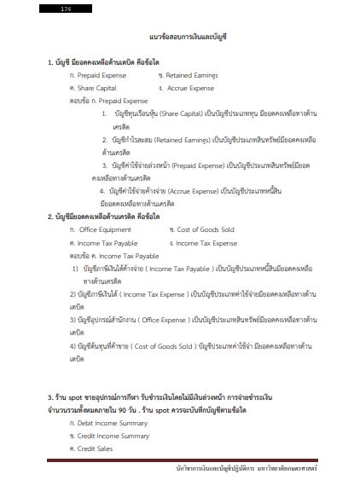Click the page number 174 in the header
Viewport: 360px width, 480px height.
point(66,8)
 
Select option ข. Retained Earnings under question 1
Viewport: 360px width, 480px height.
point(189,75)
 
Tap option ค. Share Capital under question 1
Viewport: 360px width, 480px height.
point(93,87)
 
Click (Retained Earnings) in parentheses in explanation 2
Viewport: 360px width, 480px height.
point(189,137)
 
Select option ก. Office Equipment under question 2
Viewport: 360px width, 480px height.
point(101,229)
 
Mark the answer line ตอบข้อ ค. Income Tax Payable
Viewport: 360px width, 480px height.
point(113,255)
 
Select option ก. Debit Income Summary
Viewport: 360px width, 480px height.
point(108,423)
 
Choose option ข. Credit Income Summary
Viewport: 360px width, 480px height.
point(108,436)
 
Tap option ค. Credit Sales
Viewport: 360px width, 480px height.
point(95,448)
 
